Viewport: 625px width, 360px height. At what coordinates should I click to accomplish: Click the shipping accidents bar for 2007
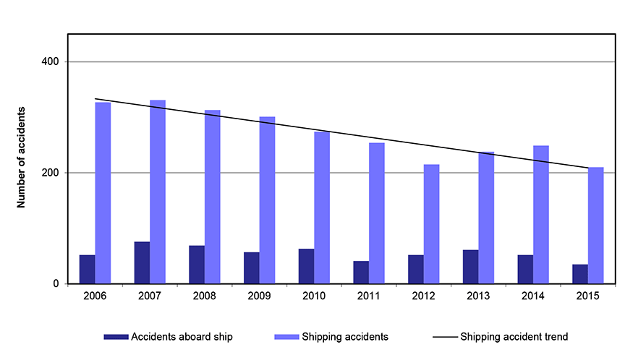[158, 192]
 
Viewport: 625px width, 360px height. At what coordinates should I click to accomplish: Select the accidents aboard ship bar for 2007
[142, 262]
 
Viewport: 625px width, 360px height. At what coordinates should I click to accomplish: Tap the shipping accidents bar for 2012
[431, 224]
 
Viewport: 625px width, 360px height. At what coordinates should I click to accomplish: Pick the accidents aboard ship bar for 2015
[580, 274]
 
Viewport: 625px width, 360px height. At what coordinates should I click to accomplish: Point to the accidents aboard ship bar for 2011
[361, 272]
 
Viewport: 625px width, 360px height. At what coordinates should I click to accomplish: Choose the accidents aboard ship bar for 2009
[252, 267]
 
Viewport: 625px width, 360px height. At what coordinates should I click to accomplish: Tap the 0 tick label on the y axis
[56, 284]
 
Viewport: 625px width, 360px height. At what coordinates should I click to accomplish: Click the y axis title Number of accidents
[22, 157]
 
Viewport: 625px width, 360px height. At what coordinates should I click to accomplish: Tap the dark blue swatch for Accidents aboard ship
[116, 336]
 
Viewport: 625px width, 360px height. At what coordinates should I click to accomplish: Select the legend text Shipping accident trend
[514, 336]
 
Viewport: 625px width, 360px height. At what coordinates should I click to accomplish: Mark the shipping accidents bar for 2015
[596, 226]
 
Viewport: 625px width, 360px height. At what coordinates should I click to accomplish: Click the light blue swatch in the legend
[286, 336]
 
